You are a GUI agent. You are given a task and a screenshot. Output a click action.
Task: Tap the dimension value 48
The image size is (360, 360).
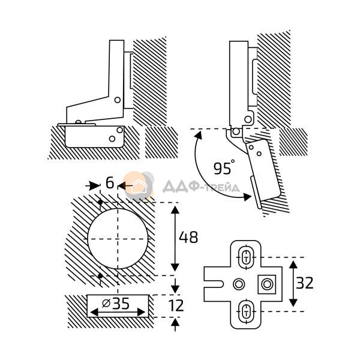(x=188, y=237)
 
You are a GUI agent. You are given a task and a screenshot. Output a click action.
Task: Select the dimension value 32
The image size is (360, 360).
(x=304, y=283)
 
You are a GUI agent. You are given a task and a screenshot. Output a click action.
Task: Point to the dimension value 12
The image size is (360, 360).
(x=176, y=305)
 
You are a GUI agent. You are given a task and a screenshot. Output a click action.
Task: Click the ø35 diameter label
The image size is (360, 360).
(x=116, y=304)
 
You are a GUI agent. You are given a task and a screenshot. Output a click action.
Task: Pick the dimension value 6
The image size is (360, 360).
(x=110, y=183)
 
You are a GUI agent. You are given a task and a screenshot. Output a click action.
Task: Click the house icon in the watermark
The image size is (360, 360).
(x=139, y=186)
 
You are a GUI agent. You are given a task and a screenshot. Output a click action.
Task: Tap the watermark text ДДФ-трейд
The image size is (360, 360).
(x=201, y=187)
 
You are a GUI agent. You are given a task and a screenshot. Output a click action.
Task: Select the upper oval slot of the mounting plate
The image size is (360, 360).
(x=246, y=257)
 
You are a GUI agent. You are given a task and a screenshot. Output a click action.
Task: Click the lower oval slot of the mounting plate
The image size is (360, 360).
(x=246, y=311)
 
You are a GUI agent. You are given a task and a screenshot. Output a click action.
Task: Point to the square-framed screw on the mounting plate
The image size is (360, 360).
(x=267, y=284)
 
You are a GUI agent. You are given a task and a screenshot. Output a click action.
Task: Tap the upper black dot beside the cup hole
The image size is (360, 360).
(x=100, y=202)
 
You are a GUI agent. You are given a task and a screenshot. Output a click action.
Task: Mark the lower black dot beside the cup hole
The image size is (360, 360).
(x=100, y=275)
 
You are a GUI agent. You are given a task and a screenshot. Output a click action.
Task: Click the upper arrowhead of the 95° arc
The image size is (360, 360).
(x=199, y=136)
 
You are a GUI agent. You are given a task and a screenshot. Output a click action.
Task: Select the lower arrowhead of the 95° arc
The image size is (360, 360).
(x=247, y=197)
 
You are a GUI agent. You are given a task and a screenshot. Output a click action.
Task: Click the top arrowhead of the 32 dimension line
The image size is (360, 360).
(x=293, y=265)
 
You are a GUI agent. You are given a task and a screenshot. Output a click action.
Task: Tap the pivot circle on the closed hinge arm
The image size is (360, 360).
(x=118, y=100)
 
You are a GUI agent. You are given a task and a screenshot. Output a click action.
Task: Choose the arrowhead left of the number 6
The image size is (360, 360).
(x=95, y=185)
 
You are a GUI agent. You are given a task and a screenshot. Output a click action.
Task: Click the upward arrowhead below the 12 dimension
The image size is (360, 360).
(x=175, y=323)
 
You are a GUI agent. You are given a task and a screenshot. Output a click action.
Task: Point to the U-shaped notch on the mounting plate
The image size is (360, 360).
(x=214, y=284)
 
